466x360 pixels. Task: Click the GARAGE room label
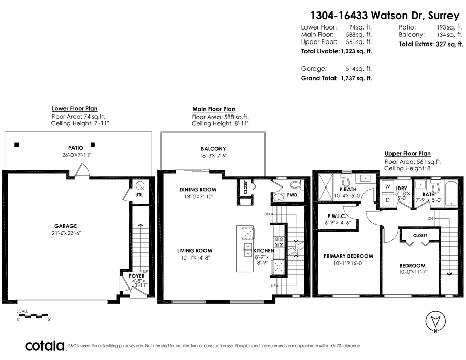[x=65, y=226]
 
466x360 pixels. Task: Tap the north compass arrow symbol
[x=435, y=322]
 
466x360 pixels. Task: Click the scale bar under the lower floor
[x=33, y=315]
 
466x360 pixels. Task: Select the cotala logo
[x=45, y=346]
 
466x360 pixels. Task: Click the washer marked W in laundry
[x=387, y=186]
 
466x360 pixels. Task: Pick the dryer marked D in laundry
[x=387, y=200]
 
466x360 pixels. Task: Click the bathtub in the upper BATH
[x=453, y=193]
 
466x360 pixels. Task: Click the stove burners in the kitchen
[x=279, y=242]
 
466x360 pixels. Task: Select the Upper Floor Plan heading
[x=407, y=154]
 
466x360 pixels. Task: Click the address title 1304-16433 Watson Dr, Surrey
[x=385, y=15]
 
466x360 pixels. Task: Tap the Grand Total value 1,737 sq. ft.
[x=356, y=78]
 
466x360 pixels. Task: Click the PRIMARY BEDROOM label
[x=348, y=256]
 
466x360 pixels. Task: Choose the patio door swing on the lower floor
[x=81, y=170]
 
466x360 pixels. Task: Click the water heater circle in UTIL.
[x=140, y=186]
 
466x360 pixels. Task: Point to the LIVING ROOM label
[x=195, y=251]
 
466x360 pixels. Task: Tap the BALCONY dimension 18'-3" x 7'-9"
[x=213, y=156]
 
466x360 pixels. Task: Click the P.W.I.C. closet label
[x=337, y=217]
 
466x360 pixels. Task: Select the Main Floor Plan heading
[x=214, y=109]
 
